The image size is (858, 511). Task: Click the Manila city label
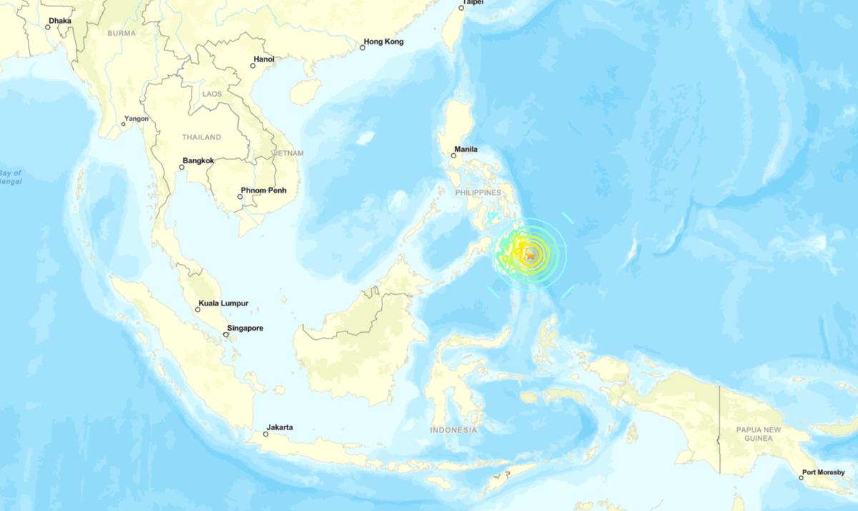coord(465,150)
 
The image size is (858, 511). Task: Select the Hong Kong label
coord(383,42)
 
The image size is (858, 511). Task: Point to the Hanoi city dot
coord(252,66)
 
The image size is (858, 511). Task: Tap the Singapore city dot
coord(225,335)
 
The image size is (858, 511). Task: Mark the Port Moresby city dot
coord(802,477)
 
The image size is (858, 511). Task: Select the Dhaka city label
coord(60,21)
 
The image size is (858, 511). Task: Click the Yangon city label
coord(137,119)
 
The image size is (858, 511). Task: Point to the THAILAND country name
coord(202,137)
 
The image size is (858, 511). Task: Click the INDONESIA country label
coord(453,430)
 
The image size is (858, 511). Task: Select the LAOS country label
coord(212,94)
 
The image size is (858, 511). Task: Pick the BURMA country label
coord(122,33)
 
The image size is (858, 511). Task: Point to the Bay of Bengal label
coord(11,177)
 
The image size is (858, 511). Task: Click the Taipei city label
coord(473,3)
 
